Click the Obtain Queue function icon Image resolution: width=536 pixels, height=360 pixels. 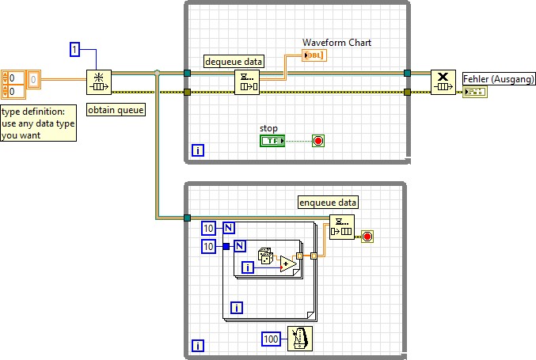click(x=99, y=81)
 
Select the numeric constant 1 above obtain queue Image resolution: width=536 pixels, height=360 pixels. click(x=76, y=50)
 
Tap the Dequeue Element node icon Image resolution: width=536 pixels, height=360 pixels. click(x=247, y=81)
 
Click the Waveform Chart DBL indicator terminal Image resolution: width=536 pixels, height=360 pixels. click(x=314, y=55)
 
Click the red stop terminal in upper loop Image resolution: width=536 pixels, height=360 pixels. click(x=318, y=141)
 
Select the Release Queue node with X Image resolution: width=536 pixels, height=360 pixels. click(x=443, y=82)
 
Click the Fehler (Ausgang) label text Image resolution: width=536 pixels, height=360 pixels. click(x=499, y=80)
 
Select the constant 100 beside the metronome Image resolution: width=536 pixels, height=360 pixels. click(x=272, y=339)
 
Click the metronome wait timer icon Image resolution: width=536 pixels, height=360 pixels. click(x=299, y=338)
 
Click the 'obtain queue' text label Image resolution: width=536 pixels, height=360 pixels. click(x=116, y=110)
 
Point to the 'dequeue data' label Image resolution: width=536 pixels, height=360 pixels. click(x=234, y=61)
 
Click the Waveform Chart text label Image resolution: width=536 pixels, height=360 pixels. click(x=336, y=43)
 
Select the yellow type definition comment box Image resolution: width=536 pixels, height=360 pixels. click(x=39, y=123)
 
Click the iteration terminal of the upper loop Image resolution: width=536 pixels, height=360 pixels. click(x=198, y=150)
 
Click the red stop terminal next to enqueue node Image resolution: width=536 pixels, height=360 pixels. click(x=367, y=236)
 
